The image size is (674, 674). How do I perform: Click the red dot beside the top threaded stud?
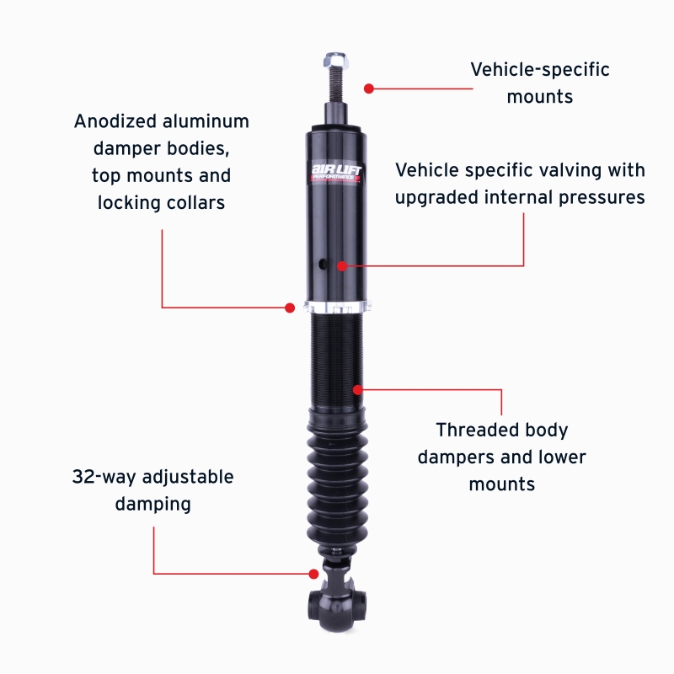pos(368,87)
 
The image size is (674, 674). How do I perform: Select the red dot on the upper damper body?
pos(342,265)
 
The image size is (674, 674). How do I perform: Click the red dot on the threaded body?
pos(358,389)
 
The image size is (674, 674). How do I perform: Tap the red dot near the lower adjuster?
pos(313,574)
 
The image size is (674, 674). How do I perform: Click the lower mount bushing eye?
pos(337,603)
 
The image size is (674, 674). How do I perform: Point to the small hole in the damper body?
pos(322,265)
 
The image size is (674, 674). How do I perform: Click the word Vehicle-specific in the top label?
pos(539,69)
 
